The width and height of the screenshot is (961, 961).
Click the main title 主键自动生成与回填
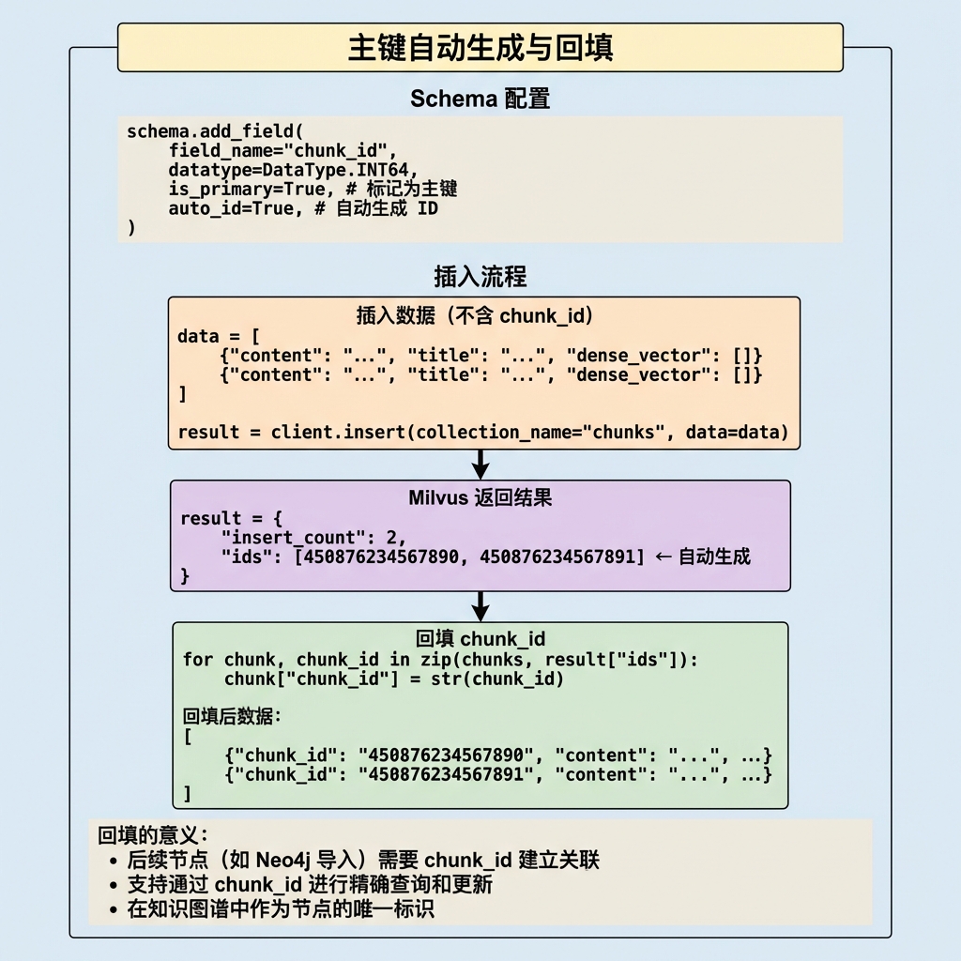pos(480,47)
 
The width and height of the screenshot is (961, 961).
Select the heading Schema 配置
pos(480,99)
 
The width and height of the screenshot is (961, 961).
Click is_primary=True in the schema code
pos(247,190)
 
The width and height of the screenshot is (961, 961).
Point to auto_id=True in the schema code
pos(231,209)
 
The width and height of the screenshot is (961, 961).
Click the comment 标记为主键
pos(412,189)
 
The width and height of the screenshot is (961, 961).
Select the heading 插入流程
pos(480,277)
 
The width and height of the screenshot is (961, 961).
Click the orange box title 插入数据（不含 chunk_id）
pos(476,315)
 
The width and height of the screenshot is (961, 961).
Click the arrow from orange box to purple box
pos(480,465)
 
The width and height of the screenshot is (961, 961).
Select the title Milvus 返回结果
pos(480,497)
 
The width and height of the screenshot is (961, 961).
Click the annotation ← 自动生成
pos(703,557)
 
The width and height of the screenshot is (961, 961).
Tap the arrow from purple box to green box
pos(480,607)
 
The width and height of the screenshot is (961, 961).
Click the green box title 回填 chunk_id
pos(480,639)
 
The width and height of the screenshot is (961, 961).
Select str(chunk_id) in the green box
pos(497,679)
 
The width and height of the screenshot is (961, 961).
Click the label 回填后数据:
pos(232,716)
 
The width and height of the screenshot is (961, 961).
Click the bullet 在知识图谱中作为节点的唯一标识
pos(281,908)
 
